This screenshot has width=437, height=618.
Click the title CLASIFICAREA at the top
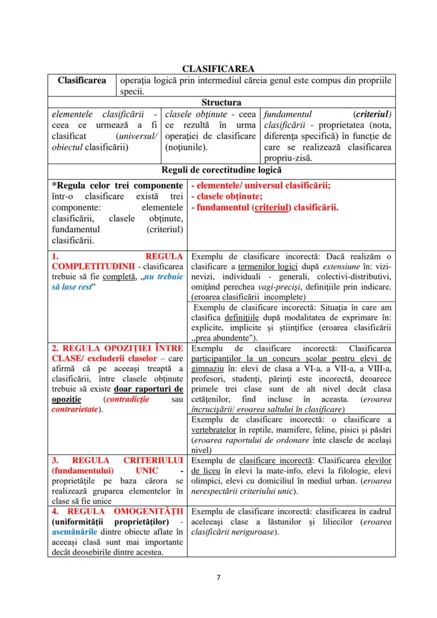click(x=218, y=69)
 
